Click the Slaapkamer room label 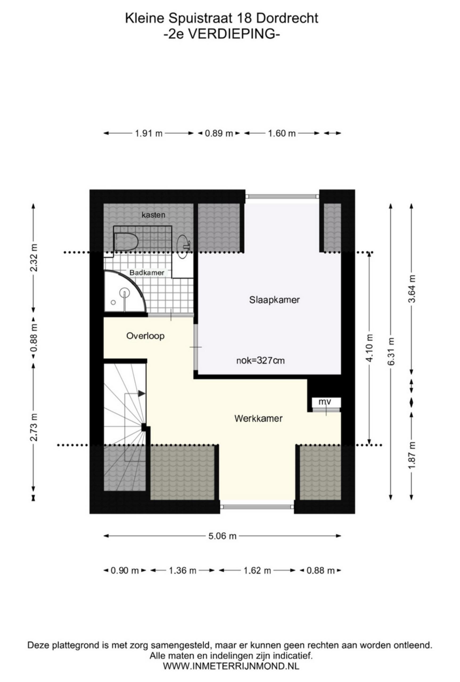coord(274,300)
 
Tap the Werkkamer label coord(258,418)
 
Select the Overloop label coord(145,336)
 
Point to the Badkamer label coord(147,273)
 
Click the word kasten coord(153,215)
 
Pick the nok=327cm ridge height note coord(260,360)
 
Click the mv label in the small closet coord(325,401)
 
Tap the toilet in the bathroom coord(126,242)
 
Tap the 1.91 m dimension coord(149,133)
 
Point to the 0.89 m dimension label coord(219,133)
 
